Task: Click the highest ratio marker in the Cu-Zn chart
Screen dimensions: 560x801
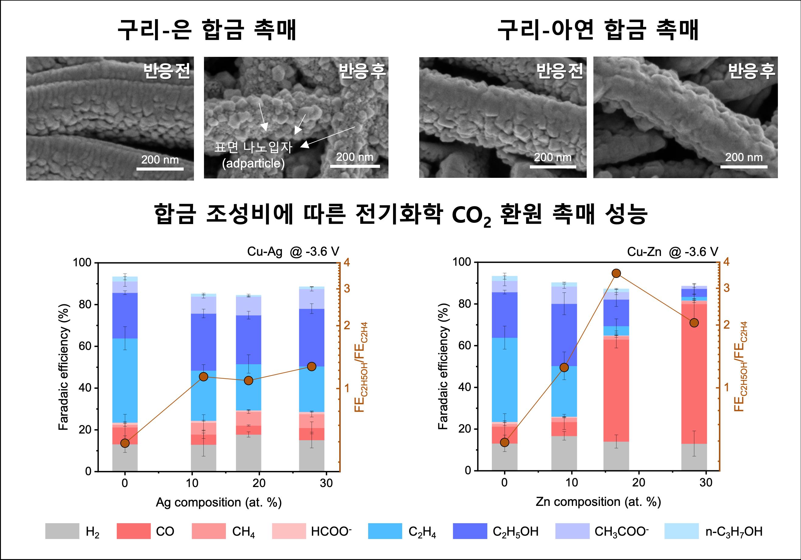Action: [616, 273]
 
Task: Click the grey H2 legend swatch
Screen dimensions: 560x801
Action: [62, 531]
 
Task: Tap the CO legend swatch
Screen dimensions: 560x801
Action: [134, 531]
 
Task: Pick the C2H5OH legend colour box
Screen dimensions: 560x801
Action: [470, 531]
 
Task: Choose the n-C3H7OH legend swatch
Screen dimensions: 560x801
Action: [681, 531]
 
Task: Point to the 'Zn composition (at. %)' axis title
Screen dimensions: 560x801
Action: [598, 502]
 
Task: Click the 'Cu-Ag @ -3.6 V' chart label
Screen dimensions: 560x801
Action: [293, 251]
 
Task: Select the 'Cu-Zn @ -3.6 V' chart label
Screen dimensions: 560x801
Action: [672, 251]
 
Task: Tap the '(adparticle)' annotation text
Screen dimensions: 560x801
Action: [253, 163]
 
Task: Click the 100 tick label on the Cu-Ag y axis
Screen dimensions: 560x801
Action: [82, 262]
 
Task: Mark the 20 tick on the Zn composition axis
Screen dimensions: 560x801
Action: [638, 482]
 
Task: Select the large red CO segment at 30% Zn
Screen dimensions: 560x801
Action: [694, 373]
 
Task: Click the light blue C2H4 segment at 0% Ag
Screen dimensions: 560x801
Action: [125, 380]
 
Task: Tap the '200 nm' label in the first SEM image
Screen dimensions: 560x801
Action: [160, 160]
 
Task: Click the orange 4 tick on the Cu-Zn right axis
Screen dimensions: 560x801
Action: [726, 262]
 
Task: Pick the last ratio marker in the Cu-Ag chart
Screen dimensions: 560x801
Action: [312, 366]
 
